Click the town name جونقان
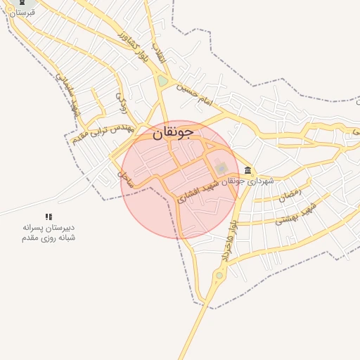click(x=172, y=131)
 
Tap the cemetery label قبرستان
click(x=21, y=13)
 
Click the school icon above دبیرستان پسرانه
click(x=49, y=217)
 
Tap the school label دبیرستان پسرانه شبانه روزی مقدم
click(x=48, y=233)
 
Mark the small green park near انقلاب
click(x=163, y=81)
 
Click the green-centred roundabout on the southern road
click(x=219, y=275)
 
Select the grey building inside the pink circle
click(x=221, y=168)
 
